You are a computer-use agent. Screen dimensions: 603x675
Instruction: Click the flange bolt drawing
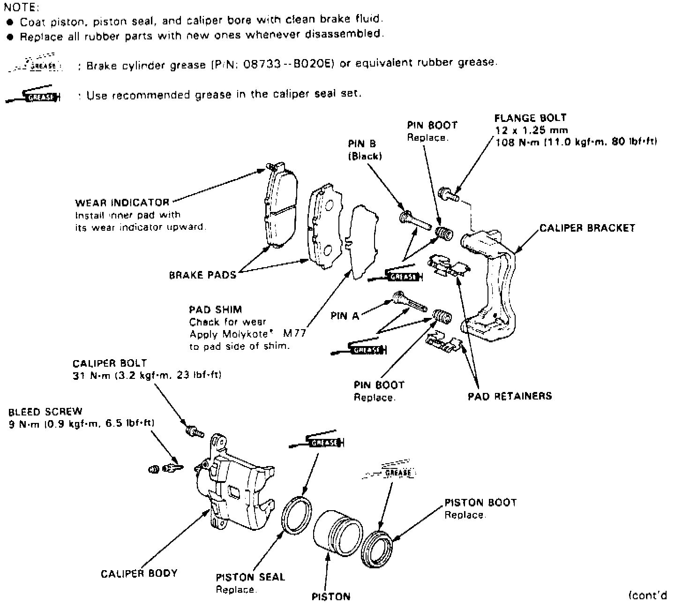coord(448,193)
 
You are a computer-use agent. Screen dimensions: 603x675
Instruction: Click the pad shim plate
coord(365,243)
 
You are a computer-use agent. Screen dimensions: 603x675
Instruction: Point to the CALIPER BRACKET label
coord(587,228)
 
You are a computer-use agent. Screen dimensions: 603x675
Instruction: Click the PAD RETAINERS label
coord(510,396)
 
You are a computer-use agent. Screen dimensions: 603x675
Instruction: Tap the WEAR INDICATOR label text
coord(122,203)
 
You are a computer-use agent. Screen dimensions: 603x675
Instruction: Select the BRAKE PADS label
coord(202,275)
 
